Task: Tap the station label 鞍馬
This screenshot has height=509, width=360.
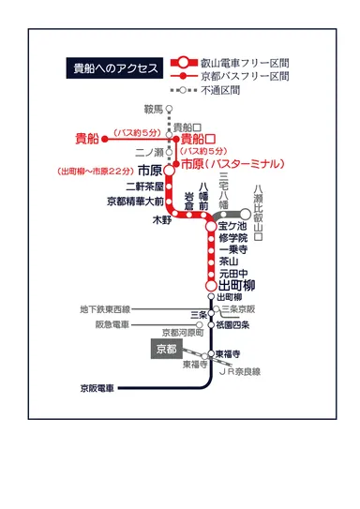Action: [x=152, y=109]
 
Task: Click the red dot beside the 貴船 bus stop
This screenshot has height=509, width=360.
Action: [x=106, y=139]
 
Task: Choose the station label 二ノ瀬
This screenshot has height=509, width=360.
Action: [x=150, y=152]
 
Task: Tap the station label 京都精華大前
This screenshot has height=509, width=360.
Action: [x=135, y=200]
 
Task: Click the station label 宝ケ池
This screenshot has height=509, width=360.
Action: [x=232, y=226]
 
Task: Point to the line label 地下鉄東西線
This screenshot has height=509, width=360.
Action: [x=106, y=308]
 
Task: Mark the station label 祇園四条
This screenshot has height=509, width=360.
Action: [x=232, y=325]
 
